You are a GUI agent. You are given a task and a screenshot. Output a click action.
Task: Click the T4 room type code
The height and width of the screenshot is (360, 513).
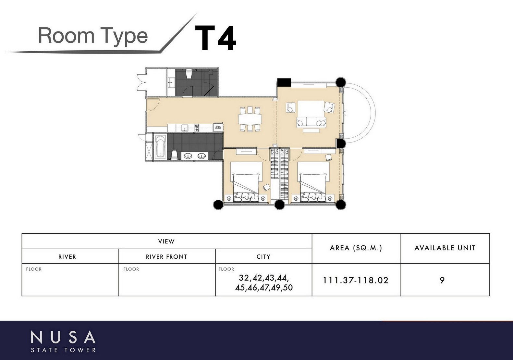pyautogui.click(x=215, y=38)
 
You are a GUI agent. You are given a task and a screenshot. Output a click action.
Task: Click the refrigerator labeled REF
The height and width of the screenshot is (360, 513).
pyautogui.click(x=218, y=128)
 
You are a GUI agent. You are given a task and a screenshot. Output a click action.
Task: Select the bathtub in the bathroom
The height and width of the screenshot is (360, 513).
pyautogui.click(x=160, y=147)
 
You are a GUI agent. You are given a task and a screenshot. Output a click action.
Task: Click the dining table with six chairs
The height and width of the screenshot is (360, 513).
pyautogui.click(x=250, y=119)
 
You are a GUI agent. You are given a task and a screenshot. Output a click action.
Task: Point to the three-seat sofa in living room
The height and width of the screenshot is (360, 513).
pyautogui.click(x=311, y=122)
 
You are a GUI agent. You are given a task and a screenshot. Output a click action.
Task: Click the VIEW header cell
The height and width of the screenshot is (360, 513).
pyautogui.click(x=166, y=241)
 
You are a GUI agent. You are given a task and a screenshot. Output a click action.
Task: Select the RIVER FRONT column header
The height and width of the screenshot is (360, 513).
pyautogui.click(x=167, y=257)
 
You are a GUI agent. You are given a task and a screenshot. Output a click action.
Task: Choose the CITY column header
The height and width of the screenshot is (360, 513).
pyautogui.click(x=263, y=257)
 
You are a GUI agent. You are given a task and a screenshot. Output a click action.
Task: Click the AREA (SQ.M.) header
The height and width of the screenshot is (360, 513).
pyautogui.click(x=356, y=248)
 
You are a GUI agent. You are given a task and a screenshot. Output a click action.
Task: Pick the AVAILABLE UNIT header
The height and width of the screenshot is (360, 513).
pyautogui.click(x=445, y=248)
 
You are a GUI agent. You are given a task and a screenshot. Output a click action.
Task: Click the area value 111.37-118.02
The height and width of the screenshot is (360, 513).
pyautogui.click(x=356, y=280)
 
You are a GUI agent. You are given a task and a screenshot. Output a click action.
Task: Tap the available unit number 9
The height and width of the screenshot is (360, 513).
pyautogui.click(x=442, y=280)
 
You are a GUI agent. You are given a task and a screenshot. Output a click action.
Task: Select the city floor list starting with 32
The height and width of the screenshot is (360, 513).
pyautogui.click(x=264, y=283)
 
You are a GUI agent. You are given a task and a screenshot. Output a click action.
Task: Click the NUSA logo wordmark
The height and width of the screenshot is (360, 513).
pyautogui.click(x=63, y=337)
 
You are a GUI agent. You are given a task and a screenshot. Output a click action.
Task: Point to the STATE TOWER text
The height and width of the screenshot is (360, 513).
pyautogui.click(x=64, y=350)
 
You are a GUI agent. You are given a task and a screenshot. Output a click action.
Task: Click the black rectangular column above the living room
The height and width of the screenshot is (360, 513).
pyautogui.click(x=284, y=82)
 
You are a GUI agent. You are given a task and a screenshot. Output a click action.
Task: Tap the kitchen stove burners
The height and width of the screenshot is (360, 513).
pyautogui.click(x=197, y=128)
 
